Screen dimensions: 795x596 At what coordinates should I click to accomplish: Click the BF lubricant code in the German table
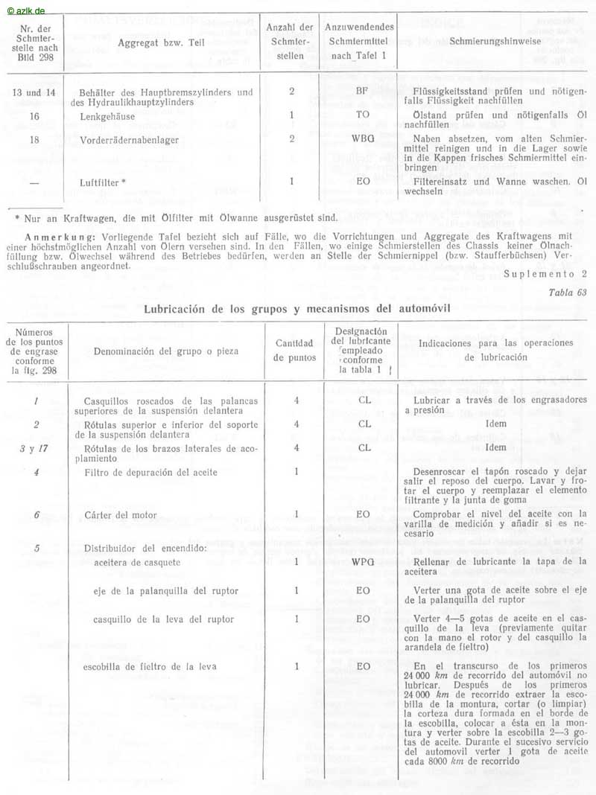[363, 92]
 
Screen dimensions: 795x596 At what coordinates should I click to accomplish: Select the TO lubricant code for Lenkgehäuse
[363, 115]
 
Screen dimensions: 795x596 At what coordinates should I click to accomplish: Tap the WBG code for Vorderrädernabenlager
[363, 139]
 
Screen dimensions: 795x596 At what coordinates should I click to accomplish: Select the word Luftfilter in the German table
[100, 181]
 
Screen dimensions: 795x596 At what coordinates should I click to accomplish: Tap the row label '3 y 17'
[29, 448]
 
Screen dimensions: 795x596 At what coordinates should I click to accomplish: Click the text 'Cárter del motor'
[121, 514]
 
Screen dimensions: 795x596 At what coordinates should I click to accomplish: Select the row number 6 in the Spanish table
[37, 514]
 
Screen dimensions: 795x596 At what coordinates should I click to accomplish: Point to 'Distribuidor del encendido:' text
[145, 549]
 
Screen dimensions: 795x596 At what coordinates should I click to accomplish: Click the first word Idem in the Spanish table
[495, 424]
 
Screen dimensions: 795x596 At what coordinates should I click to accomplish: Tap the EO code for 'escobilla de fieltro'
[364, 666]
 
